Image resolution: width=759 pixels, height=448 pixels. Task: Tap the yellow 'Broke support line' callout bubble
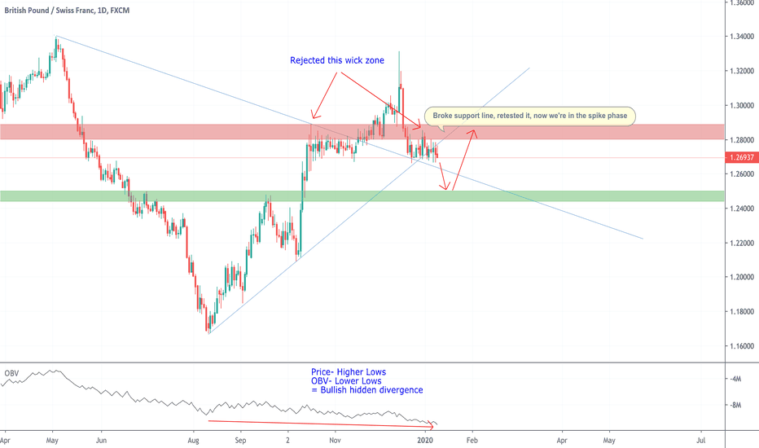529,116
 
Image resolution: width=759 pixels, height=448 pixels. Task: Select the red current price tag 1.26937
740,157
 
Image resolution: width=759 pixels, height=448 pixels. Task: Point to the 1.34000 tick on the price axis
740,37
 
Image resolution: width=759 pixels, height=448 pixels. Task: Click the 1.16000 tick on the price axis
740,346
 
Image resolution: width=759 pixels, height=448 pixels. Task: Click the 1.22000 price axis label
740,244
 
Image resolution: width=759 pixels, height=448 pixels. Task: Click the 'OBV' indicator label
11,373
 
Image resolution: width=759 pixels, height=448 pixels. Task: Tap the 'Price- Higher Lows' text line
349,372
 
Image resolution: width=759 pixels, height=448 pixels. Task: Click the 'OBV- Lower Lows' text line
346,381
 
